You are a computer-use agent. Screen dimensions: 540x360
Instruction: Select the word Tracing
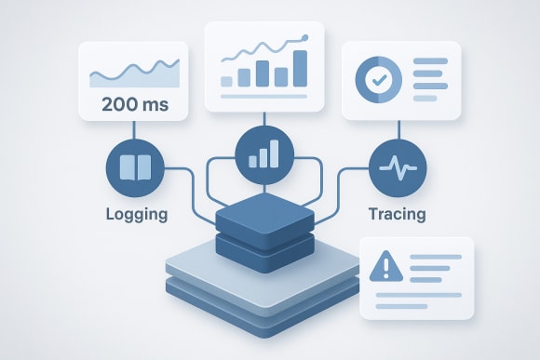point(396,215)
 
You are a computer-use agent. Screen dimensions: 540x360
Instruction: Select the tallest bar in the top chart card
point(300,68)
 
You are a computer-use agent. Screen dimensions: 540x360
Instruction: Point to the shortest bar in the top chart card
point(226,81)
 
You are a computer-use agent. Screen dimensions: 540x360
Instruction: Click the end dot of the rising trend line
point(305,37)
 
